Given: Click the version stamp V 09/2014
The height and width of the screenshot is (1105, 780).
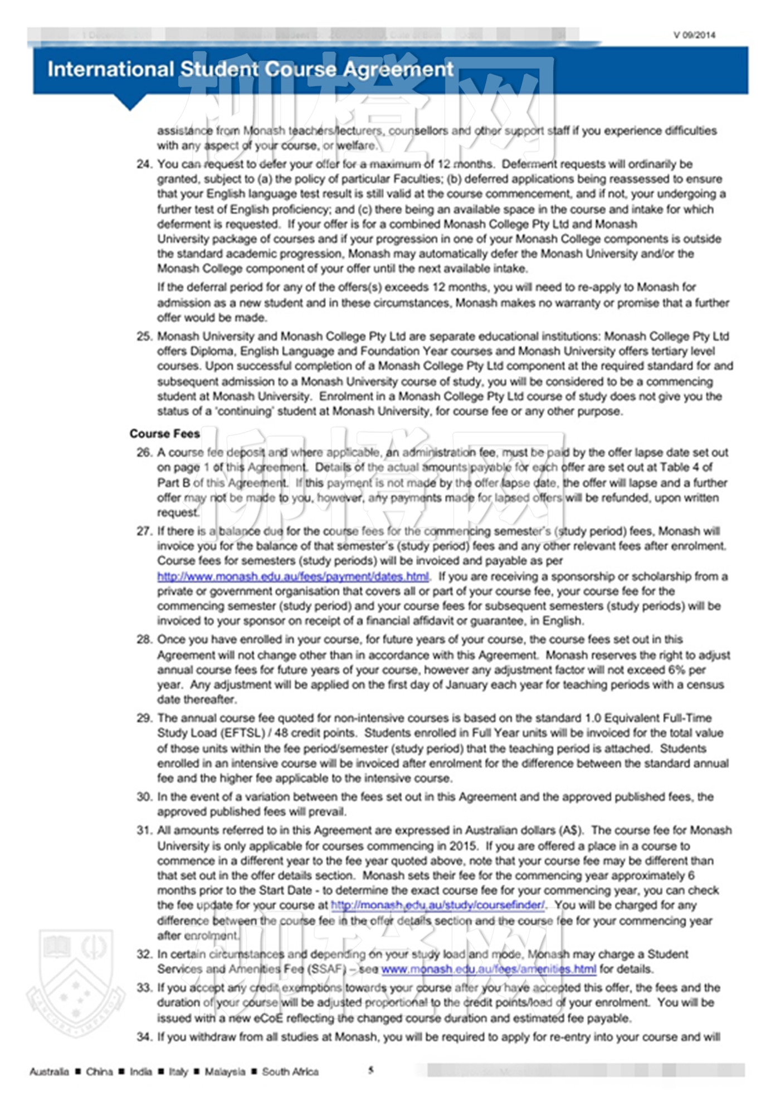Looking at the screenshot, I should click(x=694, y=35).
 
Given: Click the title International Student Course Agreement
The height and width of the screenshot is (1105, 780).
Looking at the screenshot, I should click(x=250, y=69).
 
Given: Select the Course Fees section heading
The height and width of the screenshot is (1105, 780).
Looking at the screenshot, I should click(x=164, y=434).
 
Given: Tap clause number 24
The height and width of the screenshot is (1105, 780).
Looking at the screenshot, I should click(x=144, y=164).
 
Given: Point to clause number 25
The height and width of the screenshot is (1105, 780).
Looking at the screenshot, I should click(x=144, y=337).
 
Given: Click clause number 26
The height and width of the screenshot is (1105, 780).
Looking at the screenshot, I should click(x=144, y=453).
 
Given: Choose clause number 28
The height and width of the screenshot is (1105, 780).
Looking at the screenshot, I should click(x=144, y=639).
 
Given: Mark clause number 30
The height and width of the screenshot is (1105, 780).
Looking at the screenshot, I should click(x=144, y=797).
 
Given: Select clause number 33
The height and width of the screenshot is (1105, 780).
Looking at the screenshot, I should click(x=144, y=988).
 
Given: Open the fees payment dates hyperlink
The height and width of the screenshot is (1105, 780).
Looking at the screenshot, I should click(x=293, y=576).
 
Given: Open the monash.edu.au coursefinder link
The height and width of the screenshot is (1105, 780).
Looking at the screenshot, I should click(x=438, y=905).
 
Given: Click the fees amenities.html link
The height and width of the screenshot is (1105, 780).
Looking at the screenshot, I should click(x=489, y=970).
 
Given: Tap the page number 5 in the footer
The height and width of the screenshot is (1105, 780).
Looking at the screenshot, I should click(x=371, y=1070).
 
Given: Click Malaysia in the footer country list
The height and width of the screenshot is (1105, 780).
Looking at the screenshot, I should click(x=225, y=1072).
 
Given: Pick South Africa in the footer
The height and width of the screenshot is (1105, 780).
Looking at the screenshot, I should click(x=290, y=1072).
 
